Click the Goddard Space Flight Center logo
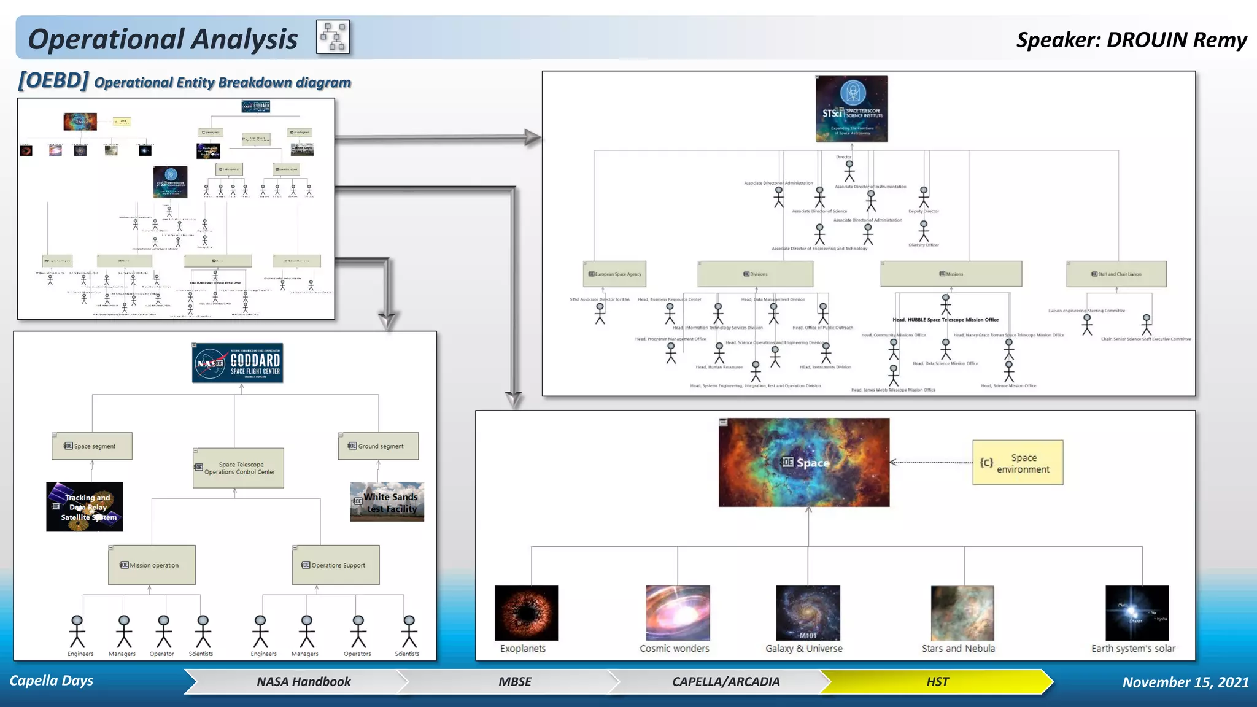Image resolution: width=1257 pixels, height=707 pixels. pos(238,363)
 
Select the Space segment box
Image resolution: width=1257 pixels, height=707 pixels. pos(92,446)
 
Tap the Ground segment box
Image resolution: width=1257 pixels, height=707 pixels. pos(378,446)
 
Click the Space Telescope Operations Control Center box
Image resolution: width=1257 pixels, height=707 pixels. pos(238,468)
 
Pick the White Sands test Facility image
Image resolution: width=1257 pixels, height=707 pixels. pos(387,502)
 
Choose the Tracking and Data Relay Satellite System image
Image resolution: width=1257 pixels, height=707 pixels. pos(85,507)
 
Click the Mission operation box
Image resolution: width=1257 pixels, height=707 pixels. pos(152,565)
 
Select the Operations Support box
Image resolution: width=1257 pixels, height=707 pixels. pos(336,565)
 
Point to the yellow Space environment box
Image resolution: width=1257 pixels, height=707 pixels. pos(1018,463)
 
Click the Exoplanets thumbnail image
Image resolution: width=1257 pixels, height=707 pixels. pos(527,613)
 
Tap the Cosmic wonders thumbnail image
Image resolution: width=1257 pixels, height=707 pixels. pos(678,613)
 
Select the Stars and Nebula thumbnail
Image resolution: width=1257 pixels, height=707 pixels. pos(962,613)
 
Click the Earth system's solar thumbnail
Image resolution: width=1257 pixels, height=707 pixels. pos(1137,613)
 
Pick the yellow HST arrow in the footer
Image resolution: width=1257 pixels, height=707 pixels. pos(937,682)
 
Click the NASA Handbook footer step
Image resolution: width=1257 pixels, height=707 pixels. pos(303,682)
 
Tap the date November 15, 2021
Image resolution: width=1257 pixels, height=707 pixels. pos(1185,682)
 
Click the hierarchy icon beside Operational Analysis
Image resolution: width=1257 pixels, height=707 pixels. pos(333,37)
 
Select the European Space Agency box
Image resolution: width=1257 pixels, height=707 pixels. pos(614,274)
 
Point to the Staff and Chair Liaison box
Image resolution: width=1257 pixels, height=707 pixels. pos(1116,274)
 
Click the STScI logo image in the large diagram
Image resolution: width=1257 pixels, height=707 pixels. pos(851,109)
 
